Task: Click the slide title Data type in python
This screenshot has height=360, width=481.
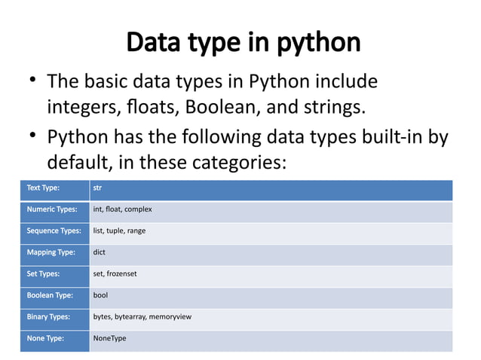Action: click(x=243, y=42)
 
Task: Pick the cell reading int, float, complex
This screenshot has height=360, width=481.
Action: click(x=122, y=209)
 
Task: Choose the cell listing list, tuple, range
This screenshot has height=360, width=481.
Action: click(x=119, y=230)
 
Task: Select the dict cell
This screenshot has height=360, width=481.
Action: click(x=99, y=252)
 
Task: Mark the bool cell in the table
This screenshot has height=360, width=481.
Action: click(x=100, y=295)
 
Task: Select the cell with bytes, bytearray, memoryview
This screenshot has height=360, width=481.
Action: click(x=142, y=317)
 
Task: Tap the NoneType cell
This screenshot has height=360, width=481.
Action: click(x=109, y=338)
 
